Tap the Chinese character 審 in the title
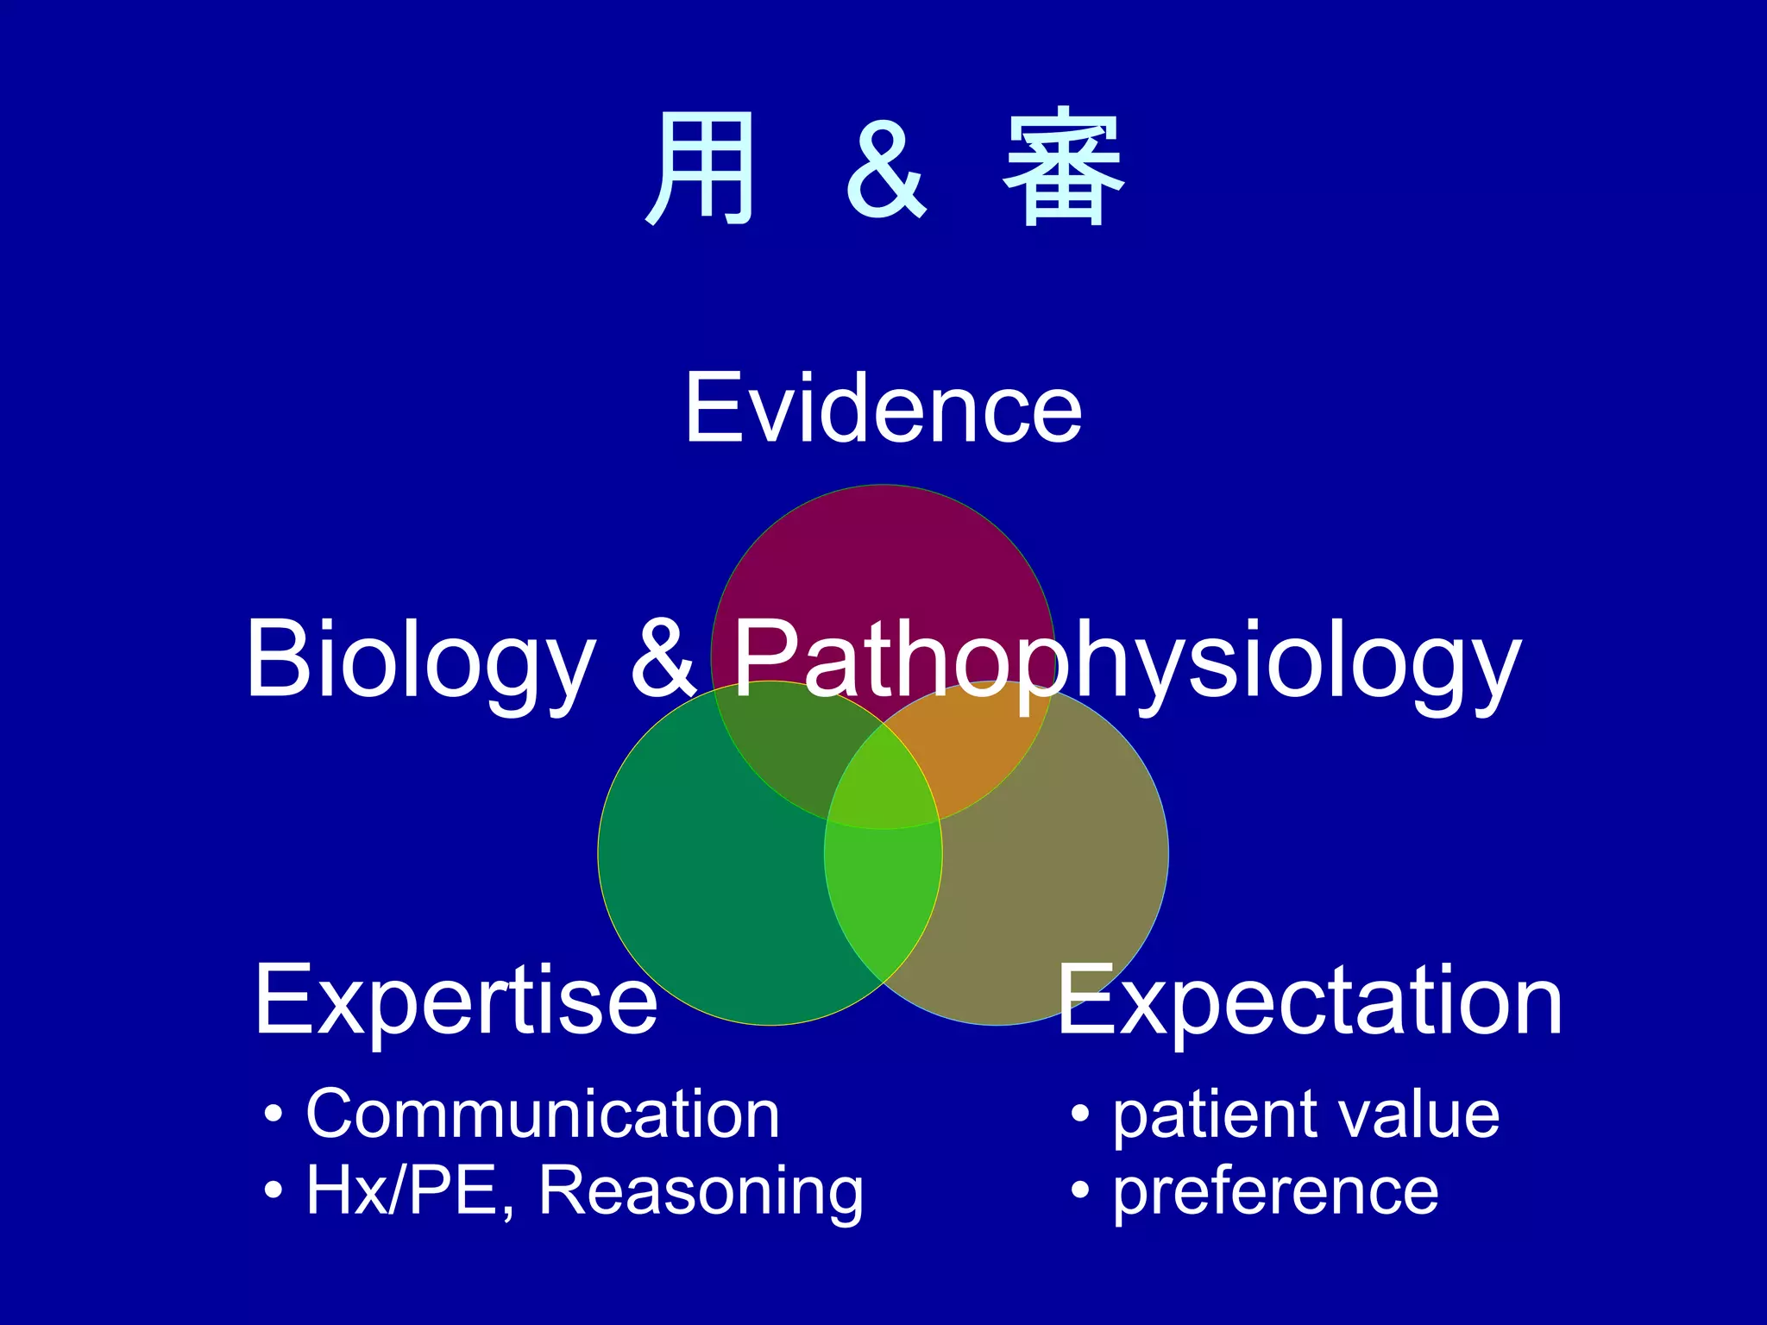tap(1063, 168)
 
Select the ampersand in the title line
tap(885, 170)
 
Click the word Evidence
tap(883, 408)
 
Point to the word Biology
tap(420, 660)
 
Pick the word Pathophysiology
tap(1126, 660)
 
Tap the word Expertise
tap(456, 1001)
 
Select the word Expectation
tap(1309, 1001)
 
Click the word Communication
tap(543, 1115)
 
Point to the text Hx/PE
tap(402, 1191)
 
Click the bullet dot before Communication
tap(274, 1115)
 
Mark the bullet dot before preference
tap(1079, 1191)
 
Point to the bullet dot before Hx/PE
tap(274, 1191)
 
